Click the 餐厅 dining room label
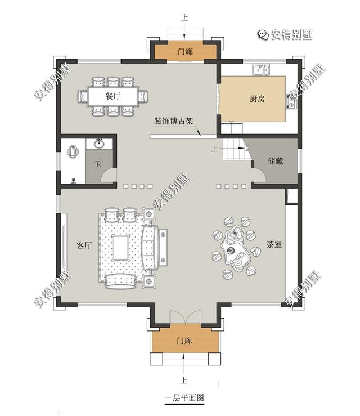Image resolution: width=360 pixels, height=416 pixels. click(x=113, y=96)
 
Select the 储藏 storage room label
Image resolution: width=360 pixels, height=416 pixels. click(x=275, y=161)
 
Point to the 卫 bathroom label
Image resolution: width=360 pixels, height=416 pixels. click(x=98, y=165)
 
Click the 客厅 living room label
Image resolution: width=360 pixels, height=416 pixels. click(x=84, y=246)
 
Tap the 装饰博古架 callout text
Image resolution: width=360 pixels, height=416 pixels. click(x=174, y=121)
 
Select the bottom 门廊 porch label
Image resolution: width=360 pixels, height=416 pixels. click(x=184, y=341)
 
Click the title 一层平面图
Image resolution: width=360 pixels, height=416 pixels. click(x=184, y=398)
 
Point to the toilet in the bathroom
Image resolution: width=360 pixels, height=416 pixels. click(x=73, y=151)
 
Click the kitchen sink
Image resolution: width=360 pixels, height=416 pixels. click(x=259, y=70)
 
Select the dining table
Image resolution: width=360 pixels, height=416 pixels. click(x=113, y=96)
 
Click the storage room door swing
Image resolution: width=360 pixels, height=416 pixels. click(x=258, y=175)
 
